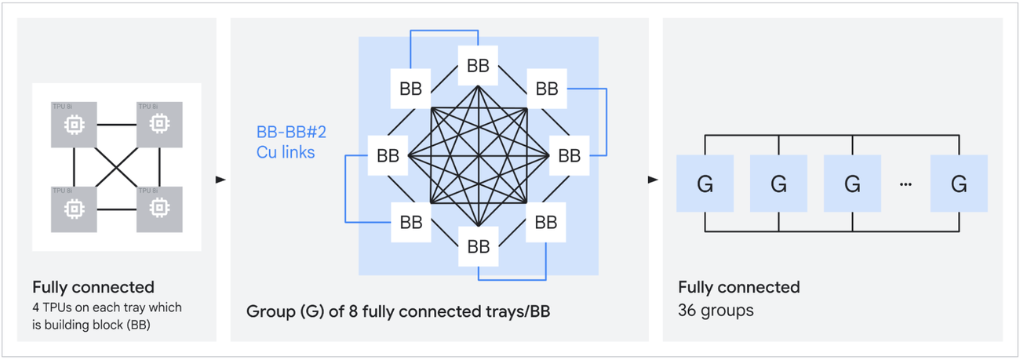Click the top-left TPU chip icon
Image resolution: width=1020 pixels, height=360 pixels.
[74, 123]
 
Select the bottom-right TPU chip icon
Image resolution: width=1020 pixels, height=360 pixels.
[159, 208]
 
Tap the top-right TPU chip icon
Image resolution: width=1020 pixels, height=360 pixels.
[159, 123]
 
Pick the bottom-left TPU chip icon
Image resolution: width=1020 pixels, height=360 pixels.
[74, 208]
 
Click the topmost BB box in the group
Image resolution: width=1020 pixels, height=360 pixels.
[478, 65]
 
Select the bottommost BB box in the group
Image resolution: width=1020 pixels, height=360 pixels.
[478, 246]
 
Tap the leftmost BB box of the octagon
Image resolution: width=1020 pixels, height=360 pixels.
[388, 155]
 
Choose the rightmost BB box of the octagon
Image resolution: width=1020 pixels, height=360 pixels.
[569, 155]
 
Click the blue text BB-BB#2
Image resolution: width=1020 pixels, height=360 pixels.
[291, 132]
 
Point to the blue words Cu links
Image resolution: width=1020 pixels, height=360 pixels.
[286, 152]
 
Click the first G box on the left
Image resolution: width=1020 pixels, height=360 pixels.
[705, 184]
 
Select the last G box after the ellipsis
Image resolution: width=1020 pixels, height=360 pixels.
[959, 184]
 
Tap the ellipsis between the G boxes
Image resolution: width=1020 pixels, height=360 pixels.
[906, 184]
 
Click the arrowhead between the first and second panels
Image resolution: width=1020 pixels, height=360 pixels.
[221, 180]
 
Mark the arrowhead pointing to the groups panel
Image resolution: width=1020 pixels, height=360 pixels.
[653, 180]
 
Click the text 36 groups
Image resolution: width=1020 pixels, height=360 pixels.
[716, 311]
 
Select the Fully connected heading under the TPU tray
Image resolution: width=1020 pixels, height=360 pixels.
[93, 287]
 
